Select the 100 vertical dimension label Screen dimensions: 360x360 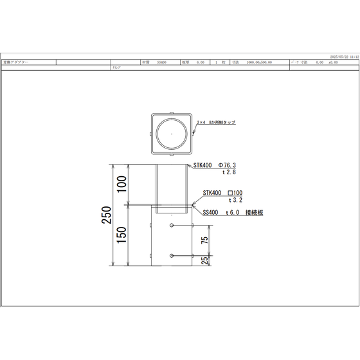click(122, 184)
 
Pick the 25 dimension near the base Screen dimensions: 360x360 click(204, 261)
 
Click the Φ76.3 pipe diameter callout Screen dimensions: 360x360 click(231, 165)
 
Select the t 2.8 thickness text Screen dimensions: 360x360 click(230, 173)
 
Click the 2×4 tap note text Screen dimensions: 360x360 click(216, 121)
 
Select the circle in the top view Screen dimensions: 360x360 click(172, 133)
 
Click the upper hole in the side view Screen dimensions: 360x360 click(172, 225)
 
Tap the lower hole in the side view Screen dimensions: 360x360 click(172, 256)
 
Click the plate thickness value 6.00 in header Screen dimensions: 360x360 click(200, 63)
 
